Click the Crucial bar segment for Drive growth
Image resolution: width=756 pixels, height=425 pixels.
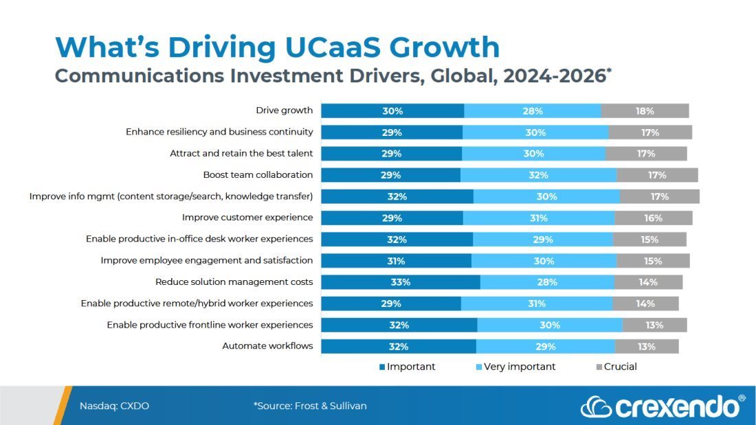(645, 111)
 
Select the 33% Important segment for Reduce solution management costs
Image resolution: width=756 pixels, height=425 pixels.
(401, 282)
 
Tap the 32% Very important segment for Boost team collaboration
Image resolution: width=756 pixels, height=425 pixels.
(538, 175)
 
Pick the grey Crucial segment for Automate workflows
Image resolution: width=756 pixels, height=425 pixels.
(646, 347)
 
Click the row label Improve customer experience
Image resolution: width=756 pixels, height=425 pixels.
(247, 218)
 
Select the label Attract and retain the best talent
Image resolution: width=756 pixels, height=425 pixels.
(241, 153)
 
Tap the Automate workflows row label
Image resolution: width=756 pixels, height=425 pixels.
(267, 346)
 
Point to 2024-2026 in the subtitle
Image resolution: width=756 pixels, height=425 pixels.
(554, 76)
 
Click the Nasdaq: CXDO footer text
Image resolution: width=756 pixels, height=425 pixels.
(114, 406)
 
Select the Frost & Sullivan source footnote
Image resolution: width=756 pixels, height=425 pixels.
(310, 406)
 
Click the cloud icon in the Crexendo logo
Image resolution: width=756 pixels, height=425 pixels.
(596, 407)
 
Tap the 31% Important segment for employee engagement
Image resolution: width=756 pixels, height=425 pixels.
(396, 261)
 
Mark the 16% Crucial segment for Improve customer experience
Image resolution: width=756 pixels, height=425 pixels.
(653, 218)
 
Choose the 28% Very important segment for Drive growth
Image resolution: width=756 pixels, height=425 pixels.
(533, 111)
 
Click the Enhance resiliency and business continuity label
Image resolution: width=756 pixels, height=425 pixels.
(219, 132)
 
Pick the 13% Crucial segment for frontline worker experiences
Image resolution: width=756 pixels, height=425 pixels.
(654, 325)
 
